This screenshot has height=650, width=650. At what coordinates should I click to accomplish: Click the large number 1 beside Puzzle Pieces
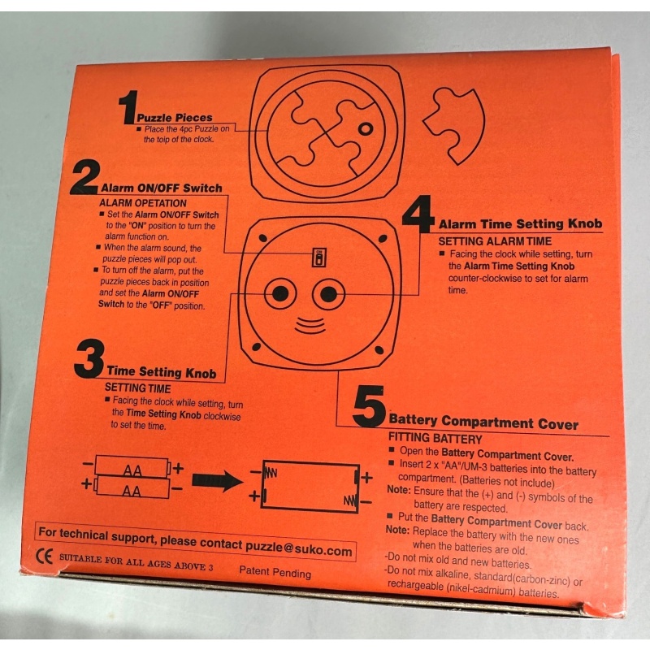[127, 109]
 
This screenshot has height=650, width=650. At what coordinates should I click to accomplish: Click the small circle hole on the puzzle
[365, 129]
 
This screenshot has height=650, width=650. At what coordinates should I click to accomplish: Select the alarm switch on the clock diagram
[319, 258]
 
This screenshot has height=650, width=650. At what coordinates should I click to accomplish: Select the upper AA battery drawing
[132, 468]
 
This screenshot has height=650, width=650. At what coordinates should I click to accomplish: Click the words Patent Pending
[275, 573]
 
